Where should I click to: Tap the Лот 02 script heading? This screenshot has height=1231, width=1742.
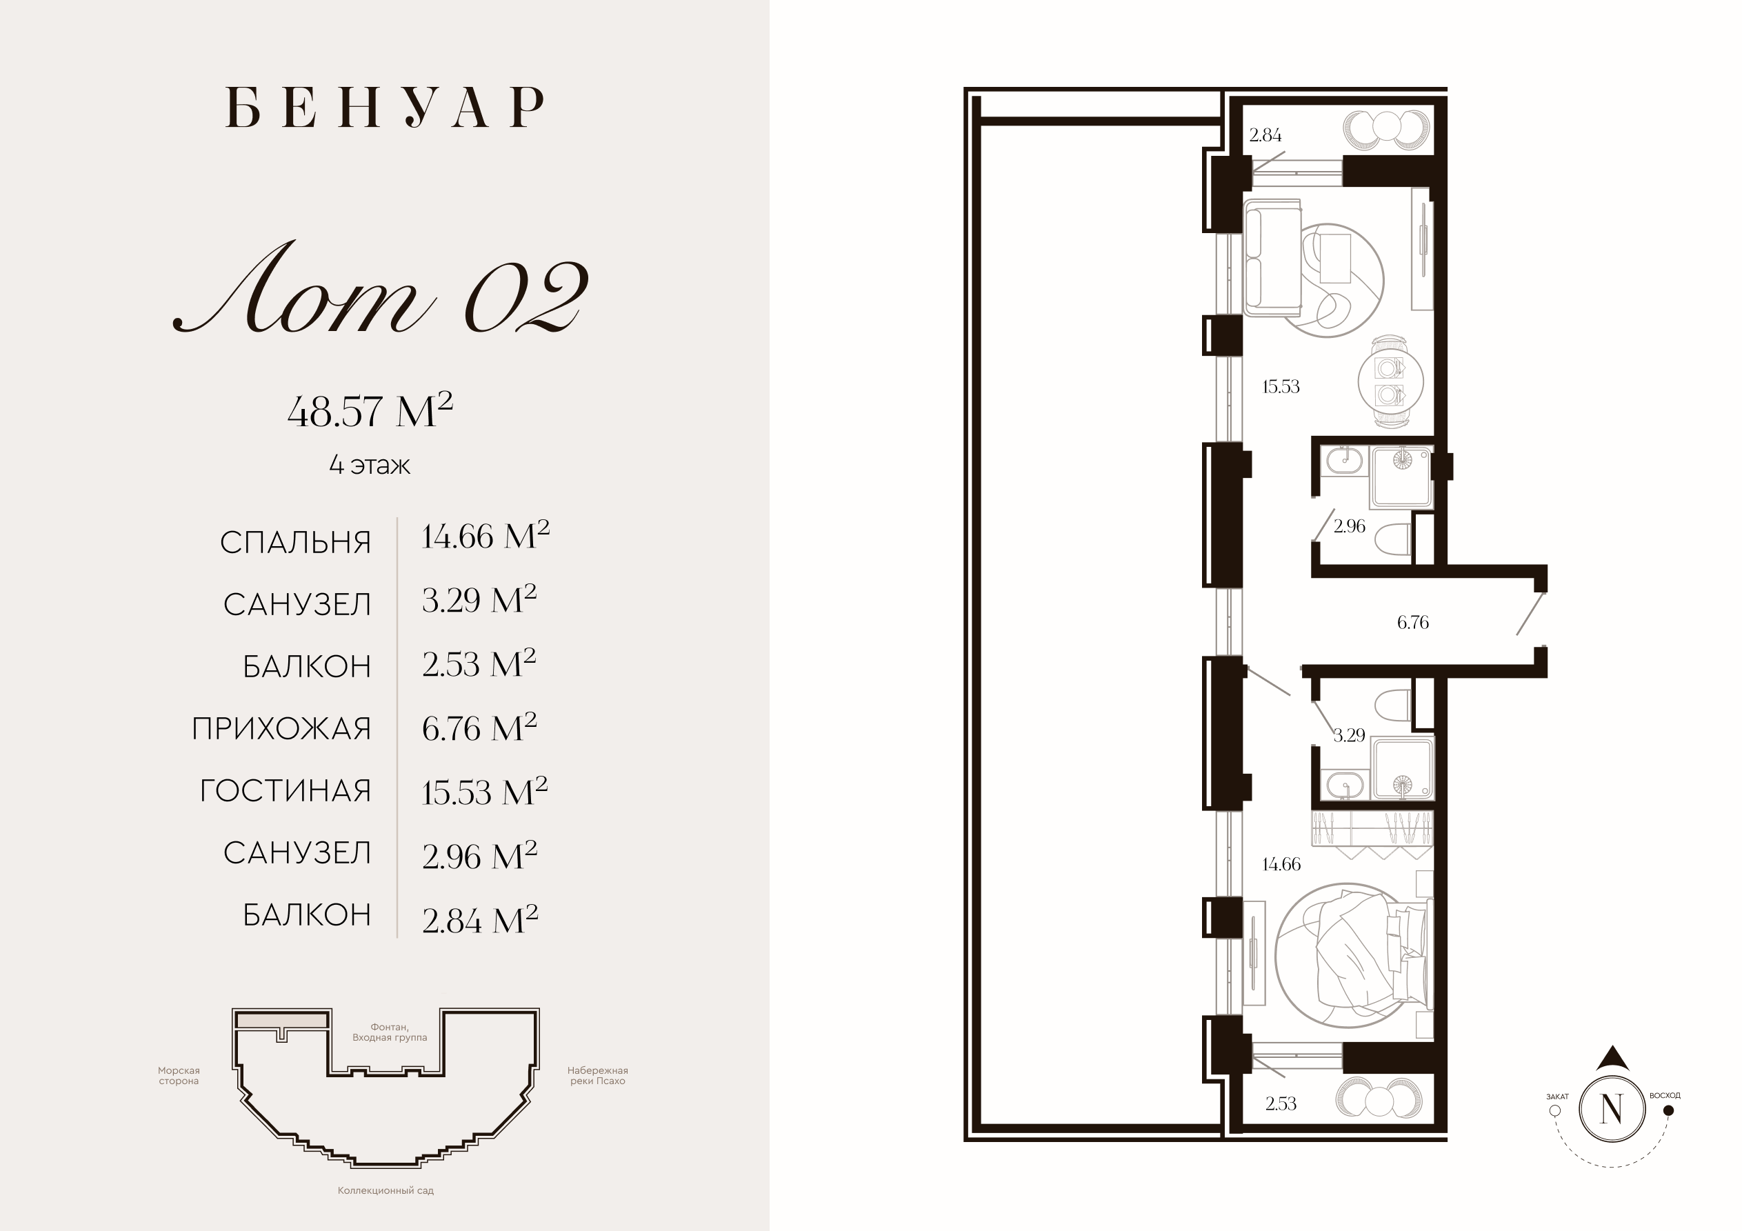tap(380, 288)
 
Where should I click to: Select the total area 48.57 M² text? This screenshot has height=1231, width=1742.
tap(370, 410)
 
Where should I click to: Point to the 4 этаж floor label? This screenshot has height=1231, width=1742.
tap(370, 465)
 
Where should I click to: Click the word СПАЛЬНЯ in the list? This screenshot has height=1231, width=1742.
tap(296, 543)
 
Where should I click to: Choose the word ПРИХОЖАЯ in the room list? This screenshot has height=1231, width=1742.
tap(281, 728)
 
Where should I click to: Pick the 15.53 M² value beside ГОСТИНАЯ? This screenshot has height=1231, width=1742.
tap(485, 792)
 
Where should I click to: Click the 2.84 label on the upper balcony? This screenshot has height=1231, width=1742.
tap(1265, 135)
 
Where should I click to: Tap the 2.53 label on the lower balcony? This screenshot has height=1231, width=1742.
tap(1281, 1103)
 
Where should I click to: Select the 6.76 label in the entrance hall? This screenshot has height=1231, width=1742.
tap(1413, 622)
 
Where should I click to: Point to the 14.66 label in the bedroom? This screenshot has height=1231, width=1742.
tap(1281, 863)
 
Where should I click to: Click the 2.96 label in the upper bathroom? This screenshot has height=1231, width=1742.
tap(1350, 526)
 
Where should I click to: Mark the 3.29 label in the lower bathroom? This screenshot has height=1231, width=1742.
tap(1349, 734)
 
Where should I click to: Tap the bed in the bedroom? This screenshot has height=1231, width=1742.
tap(1354, 954)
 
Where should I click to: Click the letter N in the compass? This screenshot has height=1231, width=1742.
tap(1612, 1109)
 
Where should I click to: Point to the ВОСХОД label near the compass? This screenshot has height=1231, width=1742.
tap(1665, 1096)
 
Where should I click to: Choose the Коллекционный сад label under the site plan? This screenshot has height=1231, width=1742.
tap(386, 1191)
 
